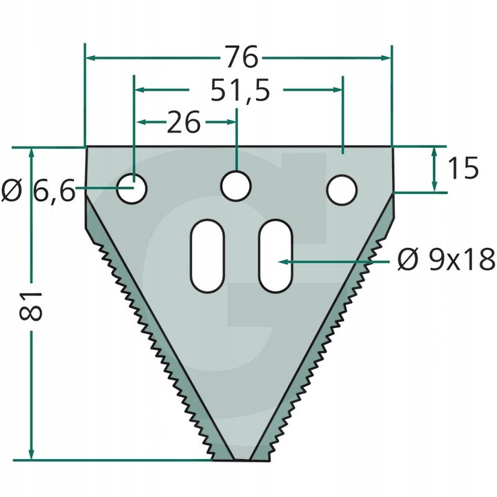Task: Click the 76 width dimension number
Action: click(x=242, y=57)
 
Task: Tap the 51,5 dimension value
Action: click(x=240, y=90)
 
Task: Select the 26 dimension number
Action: click(x=184, y=121)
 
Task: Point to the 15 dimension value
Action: click(x=462, y=168)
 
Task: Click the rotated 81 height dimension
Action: click(x=31, y=306)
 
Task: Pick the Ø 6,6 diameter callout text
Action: click(x=39, y=191)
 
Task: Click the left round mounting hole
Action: click(x=132, y=188)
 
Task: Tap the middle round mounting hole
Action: click(x=236, y=186)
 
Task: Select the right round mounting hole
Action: click(x=342, y=190)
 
